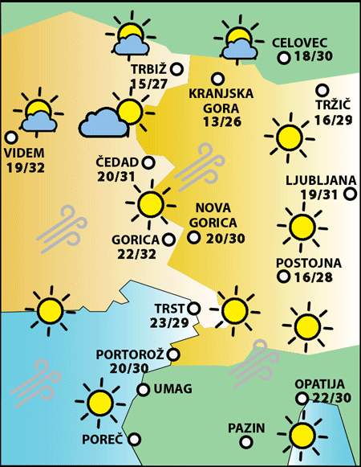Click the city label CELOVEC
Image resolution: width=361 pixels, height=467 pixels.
[301, 43]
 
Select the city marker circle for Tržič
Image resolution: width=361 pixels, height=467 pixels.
[322, 90]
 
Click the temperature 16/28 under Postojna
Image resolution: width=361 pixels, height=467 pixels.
[312, 277]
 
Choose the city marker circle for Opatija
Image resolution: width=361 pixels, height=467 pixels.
[302, 398]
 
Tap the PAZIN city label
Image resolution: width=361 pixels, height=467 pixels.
[245, 427]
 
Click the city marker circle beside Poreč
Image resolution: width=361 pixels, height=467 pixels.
[135, 439]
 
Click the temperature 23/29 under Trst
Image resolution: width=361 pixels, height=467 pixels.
[169, 323]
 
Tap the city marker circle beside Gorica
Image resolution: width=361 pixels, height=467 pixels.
[168, 239]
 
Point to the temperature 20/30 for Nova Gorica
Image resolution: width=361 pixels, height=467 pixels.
[226, 238]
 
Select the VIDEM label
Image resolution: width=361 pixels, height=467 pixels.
[25, 153]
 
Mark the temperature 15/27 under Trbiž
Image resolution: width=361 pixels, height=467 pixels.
[150, 84]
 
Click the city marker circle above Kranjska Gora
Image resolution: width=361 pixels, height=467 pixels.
[217, 78]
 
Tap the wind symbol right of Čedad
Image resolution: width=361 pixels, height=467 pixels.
[197, 166]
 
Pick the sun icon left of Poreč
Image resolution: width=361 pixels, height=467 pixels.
[99, 401]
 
